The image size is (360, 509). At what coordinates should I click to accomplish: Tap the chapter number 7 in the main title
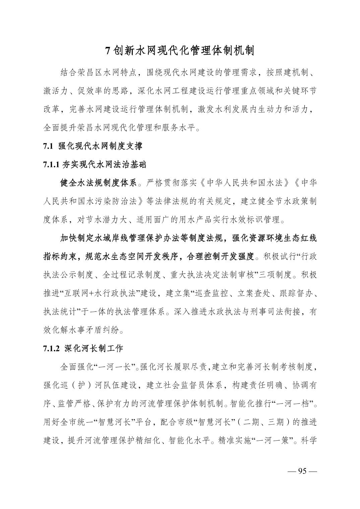pos(108,51)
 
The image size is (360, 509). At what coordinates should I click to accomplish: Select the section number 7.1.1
pos(51,164)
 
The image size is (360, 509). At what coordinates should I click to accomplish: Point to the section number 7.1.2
pos(51,348)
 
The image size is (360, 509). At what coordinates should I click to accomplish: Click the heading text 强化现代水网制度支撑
pos(100,146)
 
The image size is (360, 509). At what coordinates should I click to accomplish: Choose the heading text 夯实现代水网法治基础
pos(104,164)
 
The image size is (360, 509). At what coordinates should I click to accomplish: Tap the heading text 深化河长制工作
pos(94,348)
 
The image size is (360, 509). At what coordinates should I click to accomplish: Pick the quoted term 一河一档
pos(294,404)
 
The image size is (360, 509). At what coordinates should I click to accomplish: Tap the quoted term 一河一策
pos(272,440)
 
